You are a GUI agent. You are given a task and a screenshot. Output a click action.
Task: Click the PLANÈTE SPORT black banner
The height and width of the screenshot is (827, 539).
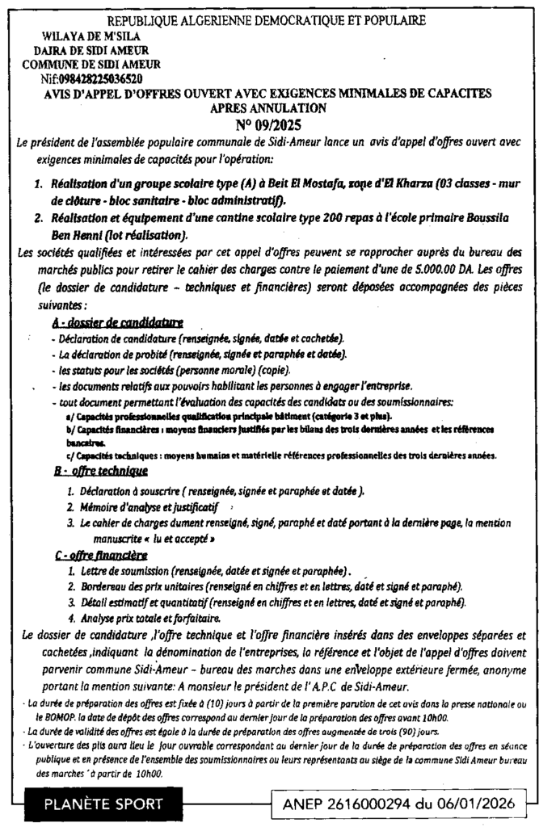[x=103, y=804]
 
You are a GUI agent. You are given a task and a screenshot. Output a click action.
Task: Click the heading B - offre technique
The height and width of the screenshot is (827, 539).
[x=99, y=469]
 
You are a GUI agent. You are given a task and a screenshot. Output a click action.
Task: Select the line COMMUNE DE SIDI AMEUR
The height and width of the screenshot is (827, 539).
[x=91, y=65]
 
